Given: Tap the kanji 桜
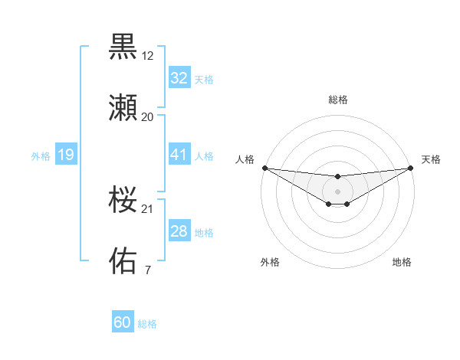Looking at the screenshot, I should coord(123,200).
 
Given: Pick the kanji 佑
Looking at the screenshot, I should coord(123,260).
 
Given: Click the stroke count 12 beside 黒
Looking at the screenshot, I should coord(148,56).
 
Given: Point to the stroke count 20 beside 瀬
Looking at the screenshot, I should coord(148,117).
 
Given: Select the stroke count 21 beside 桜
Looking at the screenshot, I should coord(148,209).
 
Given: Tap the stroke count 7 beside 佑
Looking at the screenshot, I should coord(147,270).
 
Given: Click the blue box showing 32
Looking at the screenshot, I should coord(179,78).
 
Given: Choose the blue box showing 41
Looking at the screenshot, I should coord(179,155).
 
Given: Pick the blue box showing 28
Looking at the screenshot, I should coord(179,231).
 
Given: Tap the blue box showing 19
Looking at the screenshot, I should coord(65,155).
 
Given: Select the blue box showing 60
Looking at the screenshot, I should coord(123,322).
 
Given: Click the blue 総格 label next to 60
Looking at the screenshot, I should coord(147,324).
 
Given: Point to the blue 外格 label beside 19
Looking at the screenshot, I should coord(41,156).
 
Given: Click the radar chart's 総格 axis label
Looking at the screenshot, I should coord(338,100).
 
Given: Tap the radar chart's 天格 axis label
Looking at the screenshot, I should coord(431,159).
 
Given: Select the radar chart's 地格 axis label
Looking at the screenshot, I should coord(402,262).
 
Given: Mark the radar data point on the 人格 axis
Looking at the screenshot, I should coord(264,168).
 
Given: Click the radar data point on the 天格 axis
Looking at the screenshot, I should coord(411,168).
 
